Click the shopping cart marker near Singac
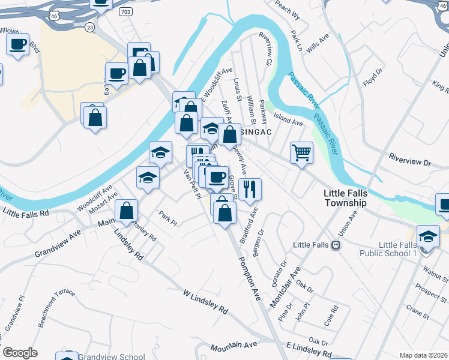(x=301, y=152)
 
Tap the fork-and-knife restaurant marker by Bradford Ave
(x=250, y=189)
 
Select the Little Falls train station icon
(x=336, y=245)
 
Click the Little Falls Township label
(x=345, y=199)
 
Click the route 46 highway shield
(x=55, y=15)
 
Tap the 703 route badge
(x=125, y=12)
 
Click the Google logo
(x=20, y=353)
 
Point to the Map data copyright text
(x=424, y=355)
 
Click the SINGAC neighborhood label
(x=255, y=131)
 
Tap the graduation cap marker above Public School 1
(x=429, y=236)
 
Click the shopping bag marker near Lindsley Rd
(x=127, y=210)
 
